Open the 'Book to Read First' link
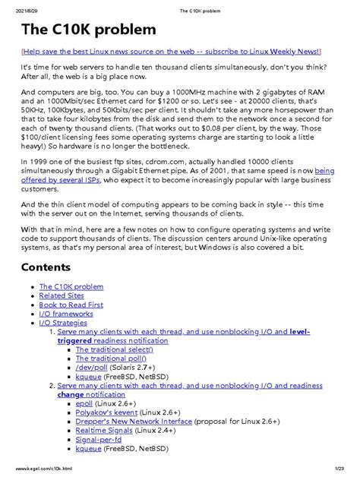71,305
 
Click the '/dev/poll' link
92,368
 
